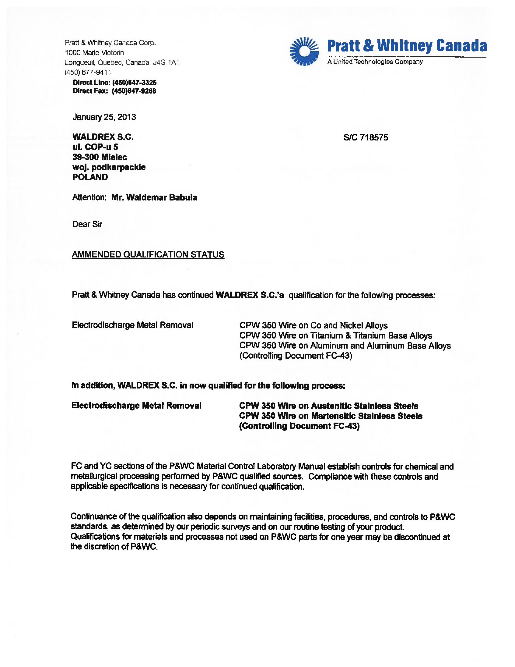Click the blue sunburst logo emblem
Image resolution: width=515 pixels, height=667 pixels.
pos(304,51)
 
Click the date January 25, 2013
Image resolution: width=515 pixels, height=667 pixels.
pos(104,117)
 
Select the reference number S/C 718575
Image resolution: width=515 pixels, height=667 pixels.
pos(366,137)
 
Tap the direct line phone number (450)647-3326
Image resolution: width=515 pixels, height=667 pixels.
pos(134,83)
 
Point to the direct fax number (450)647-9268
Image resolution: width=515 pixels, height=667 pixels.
pos(134,91)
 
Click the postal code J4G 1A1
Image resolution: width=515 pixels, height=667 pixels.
pos(166,62)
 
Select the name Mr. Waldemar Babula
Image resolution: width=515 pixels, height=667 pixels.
pos(154,197)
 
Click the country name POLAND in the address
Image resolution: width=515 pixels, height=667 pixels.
pos(90,177)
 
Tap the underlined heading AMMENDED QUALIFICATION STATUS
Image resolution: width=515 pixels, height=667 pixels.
pos(148,254)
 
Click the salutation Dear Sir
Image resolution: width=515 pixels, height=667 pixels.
pos(87,224)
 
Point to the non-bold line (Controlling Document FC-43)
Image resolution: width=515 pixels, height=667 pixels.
pos(296,356)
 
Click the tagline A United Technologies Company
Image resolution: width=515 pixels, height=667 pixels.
pos(375,62)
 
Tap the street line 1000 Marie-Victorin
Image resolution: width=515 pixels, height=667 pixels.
pos(94,52)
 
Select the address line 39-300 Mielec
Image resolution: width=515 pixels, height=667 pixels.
pos(100,157)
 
